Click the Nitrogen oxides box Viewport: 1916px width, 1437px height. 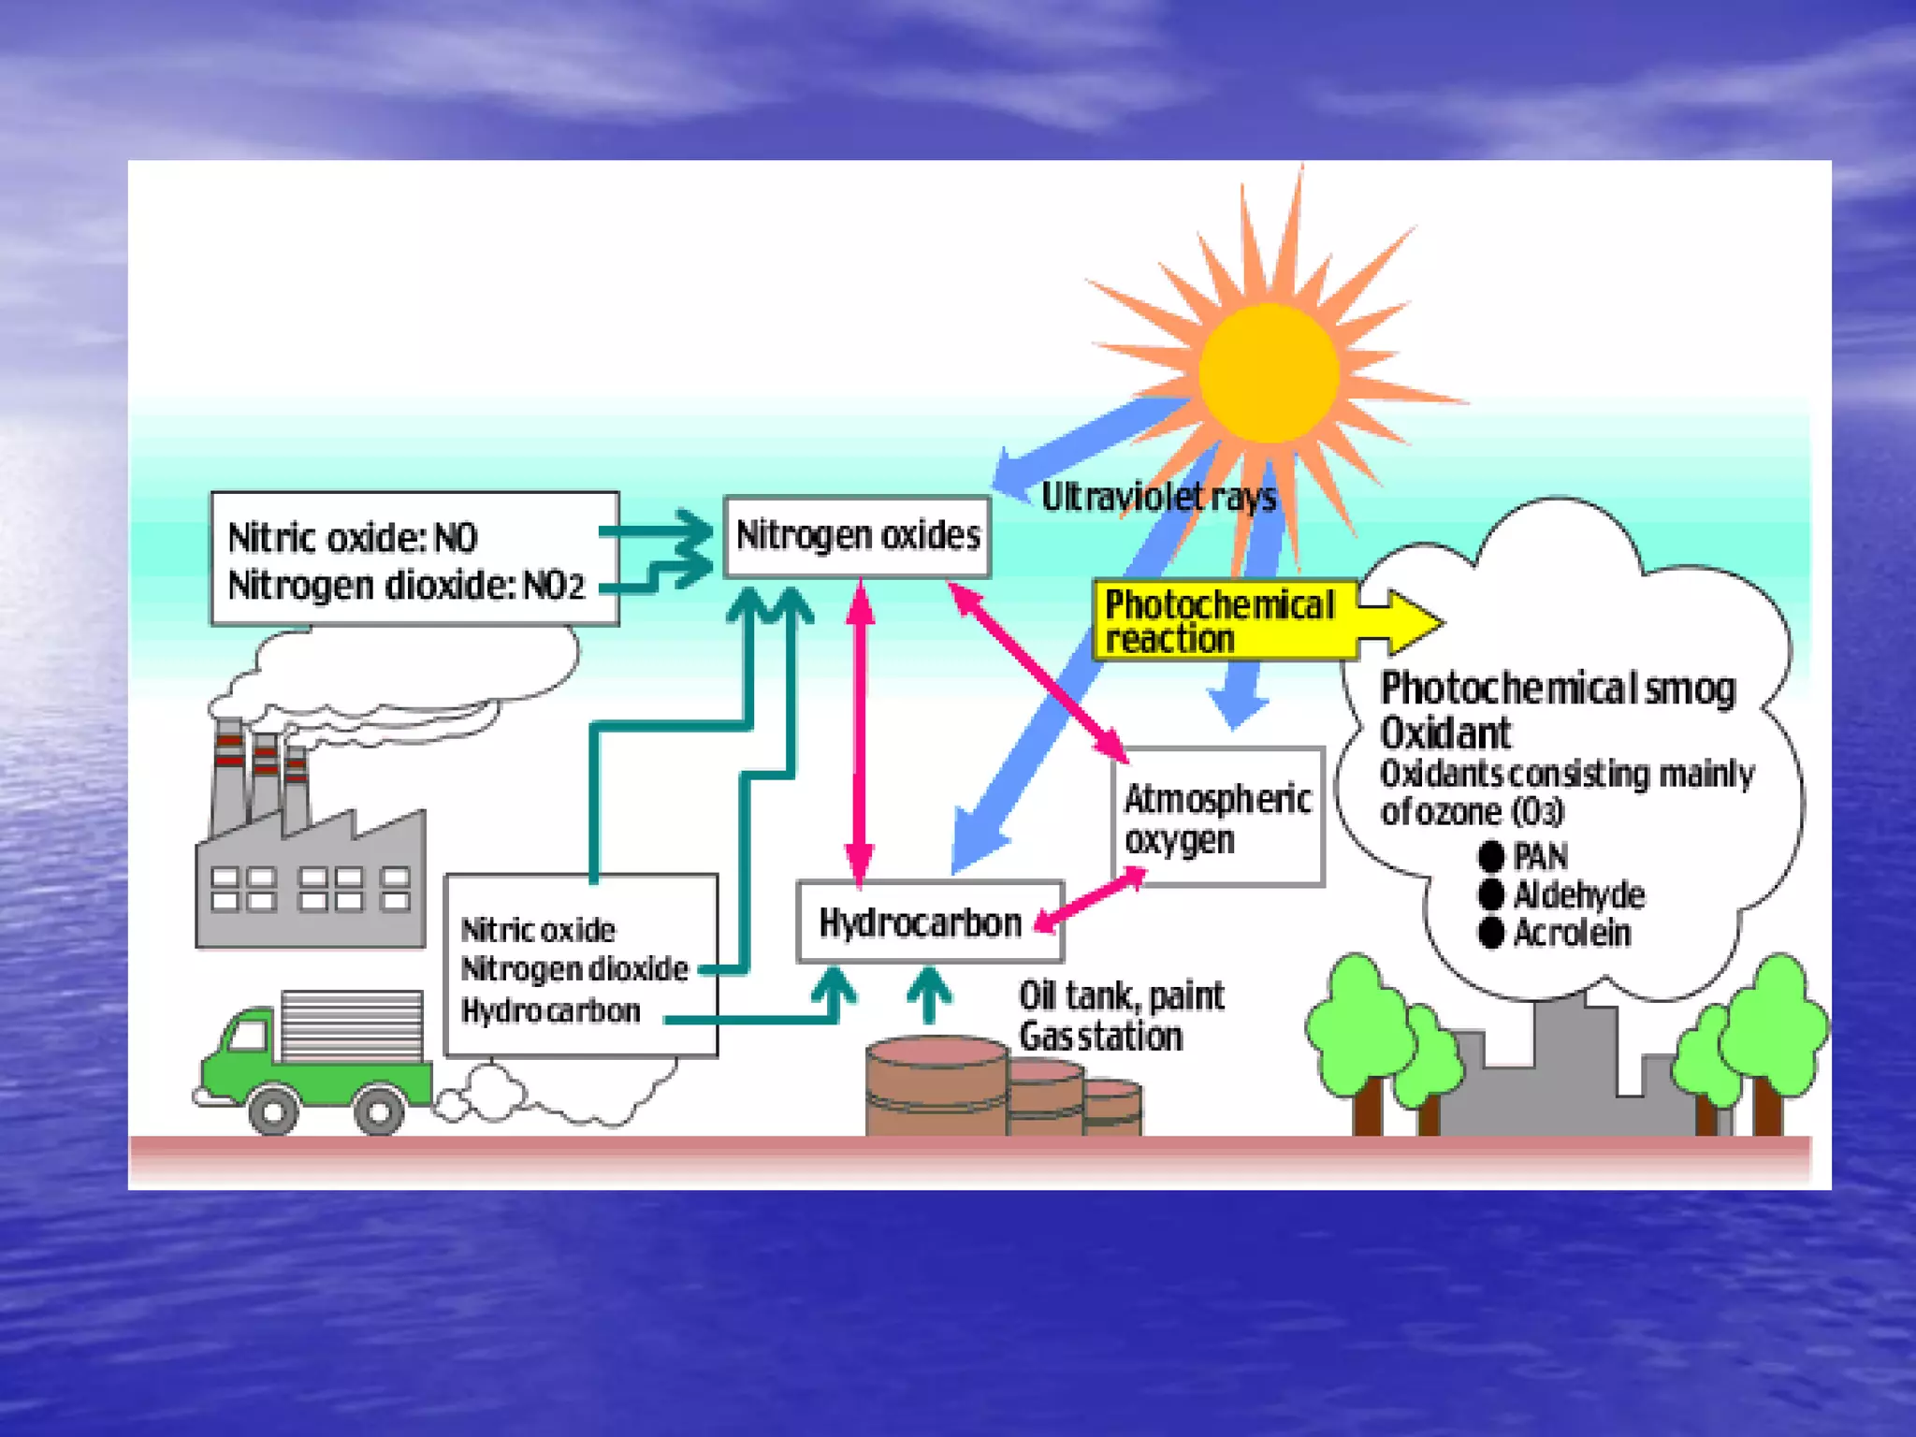[857, 536]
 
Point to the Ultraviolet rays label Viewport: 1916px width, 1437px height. [1158, 497]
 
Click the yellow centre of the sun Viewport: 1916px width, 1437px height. [1269, 372]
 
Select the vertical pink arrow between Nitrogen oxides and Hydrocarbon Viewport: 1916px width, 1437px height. [860, 730]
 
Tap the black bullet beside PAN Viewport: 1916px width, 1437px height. [1491, 855]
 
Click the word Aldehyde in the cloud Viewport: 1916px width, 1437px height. [1579, 895]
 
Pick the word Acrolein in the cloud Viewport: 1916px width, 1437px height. [1572, 933]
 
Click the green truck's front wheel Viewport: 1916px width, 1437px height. [272, 1111]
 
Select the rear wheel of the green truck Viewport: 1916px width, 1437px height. [379, 1111]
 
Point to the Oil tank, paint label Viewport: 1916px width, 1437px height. [1121, 996]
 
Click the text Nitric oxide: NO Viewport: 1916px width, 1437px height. [353, 538]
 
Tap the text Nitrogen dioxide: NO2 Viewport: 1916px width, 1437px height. [406, 586]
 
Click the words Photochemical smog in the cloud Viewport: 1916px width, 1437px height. [1558, 689]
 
